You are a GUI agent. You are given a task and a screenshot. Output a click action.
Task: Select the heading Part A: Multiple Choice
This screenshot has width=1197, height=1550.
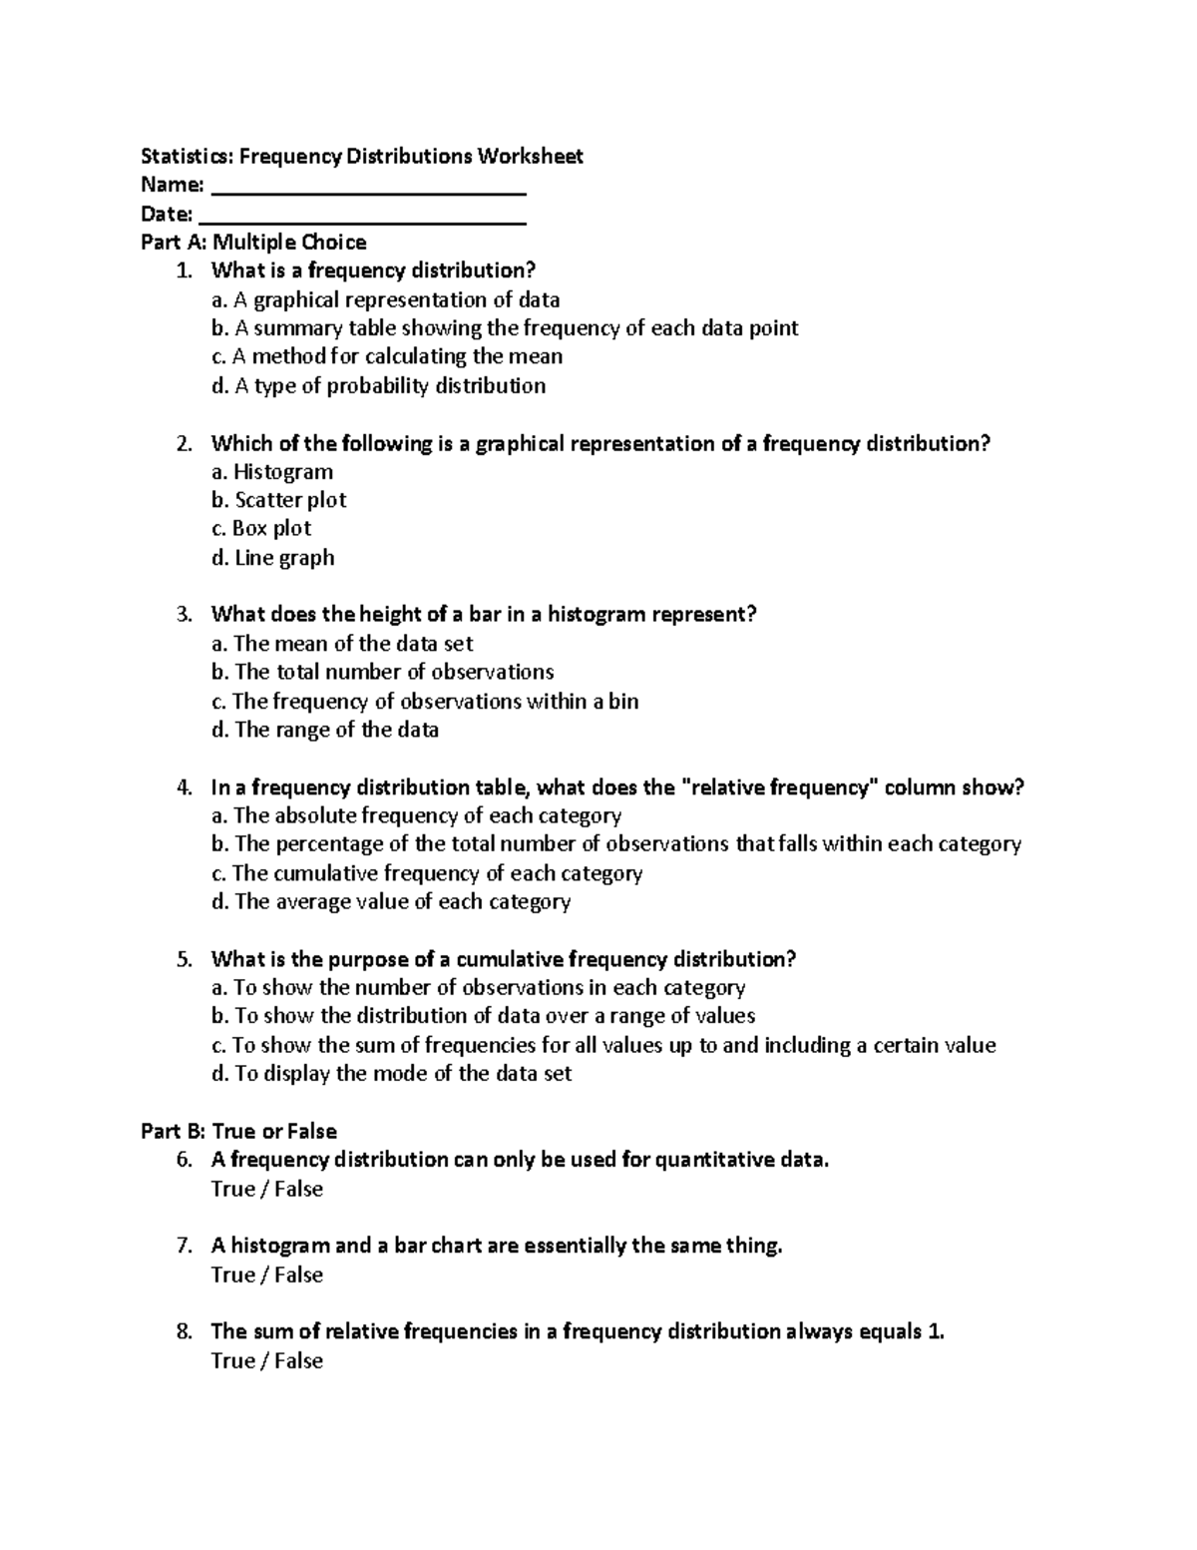[253, 242]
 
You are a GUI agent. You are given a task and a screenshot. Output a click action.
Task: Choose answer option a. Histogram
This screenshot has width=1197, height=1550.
[272, 471]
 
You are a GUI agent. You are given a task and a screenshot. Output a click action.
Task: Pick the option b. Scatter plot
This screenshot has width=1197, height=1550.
[278, 499]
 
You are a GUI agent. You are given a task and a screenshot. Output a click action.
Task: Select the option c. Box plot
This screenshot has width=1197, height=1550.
[261, 528]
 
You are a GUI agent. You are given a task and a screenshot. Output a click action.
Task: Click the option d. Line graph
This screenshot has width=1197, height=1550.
[272, 557]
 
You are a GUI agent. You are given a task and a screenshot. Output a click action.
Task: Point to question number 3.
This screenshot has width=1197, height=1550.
[184, 614]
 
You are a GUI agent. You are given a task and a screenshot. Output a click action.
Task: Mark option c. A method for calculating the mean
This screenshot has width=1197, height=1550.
[387, 356]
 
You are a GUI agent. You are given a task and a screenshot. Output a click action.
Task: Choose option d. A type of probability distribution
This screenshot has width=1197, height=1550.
[378, 385]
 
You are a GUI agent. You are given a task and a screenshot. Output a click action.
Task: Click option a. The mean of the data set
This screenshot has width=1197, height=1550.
[342, 643]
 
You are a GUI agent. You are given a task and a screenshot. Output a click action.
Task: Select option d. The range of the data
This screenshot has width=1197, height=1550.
[325, 730]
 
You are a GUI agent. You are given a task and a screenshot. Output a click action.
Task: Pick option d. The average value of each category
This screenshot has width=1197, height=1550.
[391, 901]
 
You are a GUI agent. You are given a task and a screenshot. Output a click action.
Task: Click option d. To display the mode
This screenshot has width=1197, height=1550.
[391, 1073]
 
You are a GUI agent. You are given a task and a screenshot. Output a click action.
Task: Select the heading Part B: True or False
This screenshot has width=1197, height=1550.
[238, 1131]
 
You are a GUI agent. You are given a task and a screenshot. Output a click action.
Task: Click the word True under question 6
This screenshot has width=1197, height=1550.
[233, 1189]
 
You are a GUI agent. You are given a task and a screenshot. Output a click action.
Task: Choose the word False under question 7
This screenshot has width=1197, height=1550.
[298, 1275]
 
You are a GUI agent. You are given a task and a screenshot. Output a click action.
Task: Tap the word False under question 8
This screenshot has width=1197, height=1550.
[298, 1360]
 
